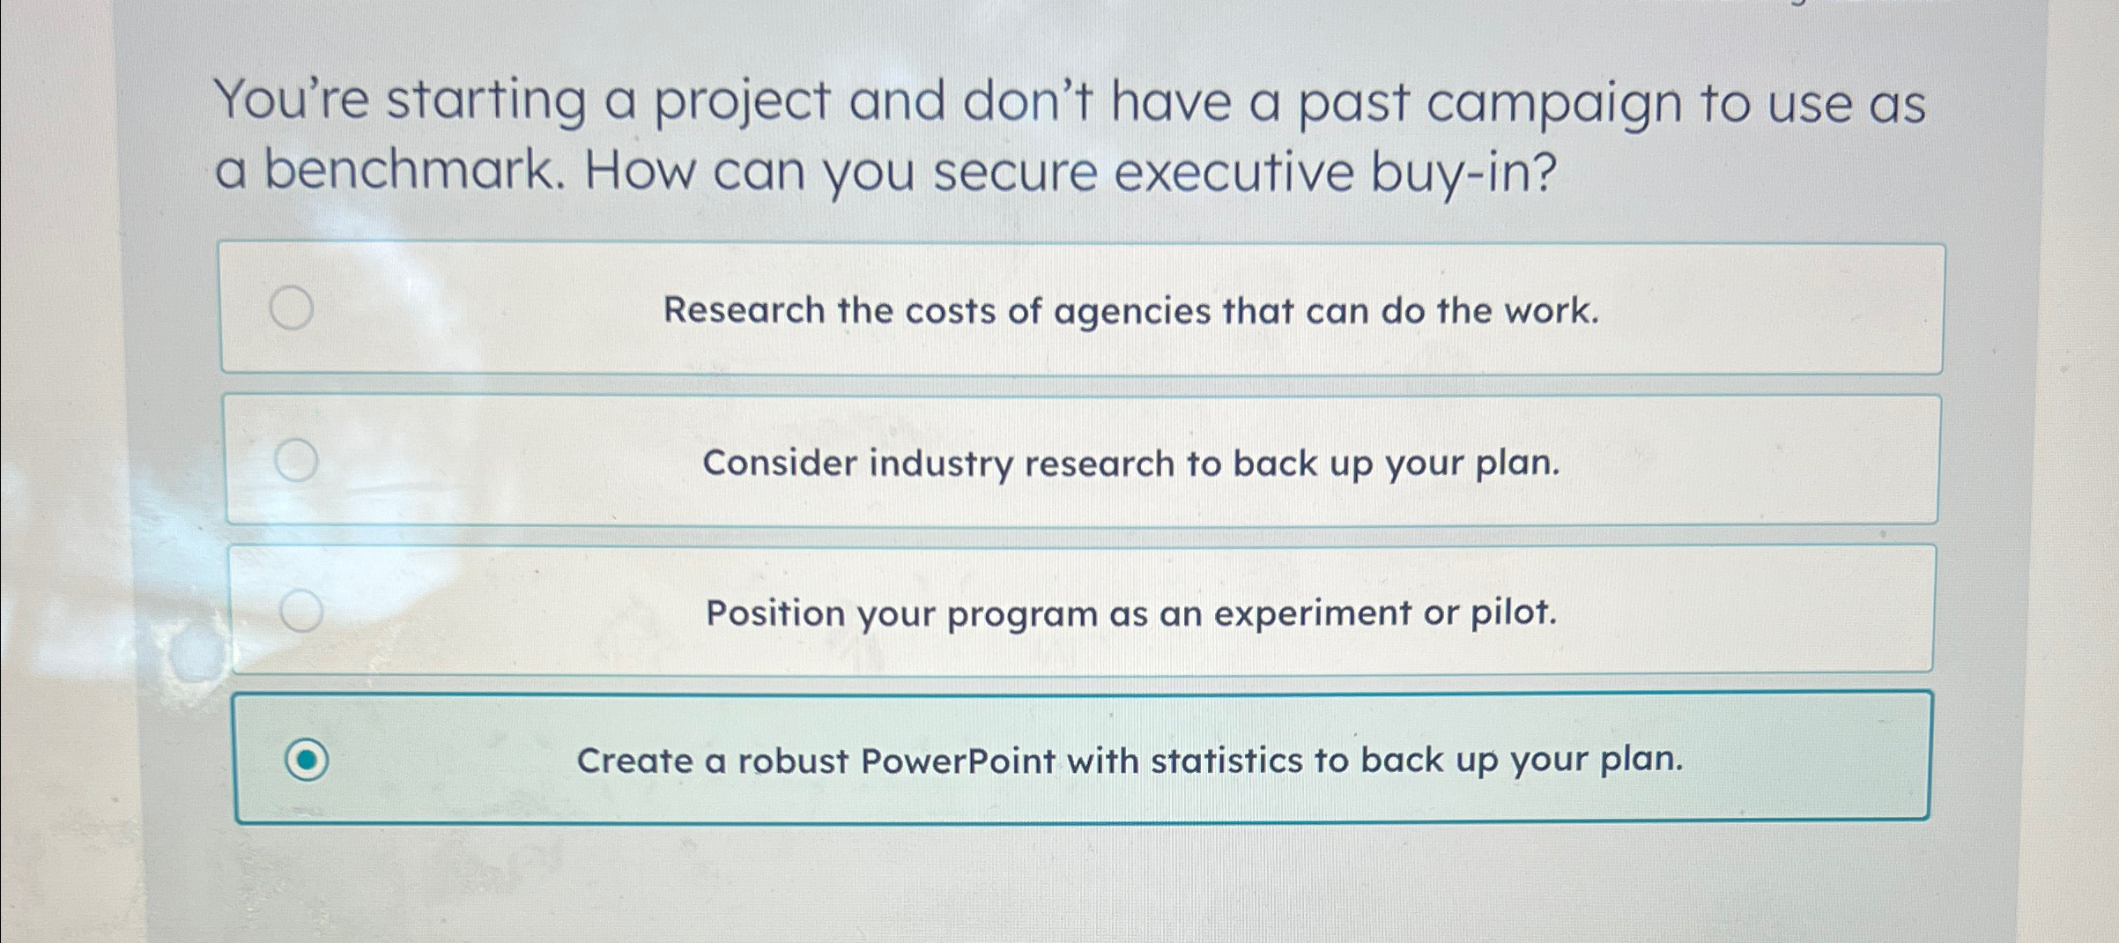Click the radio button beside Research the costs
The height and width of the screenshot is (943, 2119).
point(292,308)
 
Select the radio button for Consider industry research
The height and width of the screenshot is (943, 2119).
point(296,460)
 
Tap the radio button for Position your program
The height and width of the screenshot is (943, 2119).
point(301,610)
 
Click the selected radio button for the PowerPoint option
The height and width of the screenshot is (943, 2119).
point(307,760)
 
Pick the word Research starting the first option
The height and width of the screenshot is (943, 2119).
point(744,309)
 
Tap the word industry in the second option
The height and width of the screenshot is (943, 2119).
point(941,464)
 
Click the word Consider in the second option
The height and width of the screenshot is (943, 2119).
point(780,463)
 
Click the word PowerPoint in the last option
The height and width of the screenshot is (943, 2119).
point(957,761)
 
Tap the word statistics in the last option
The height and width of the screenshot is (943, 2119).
point(1226,760)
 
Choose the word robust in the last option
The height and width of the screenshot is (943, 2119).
point(793,761)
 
